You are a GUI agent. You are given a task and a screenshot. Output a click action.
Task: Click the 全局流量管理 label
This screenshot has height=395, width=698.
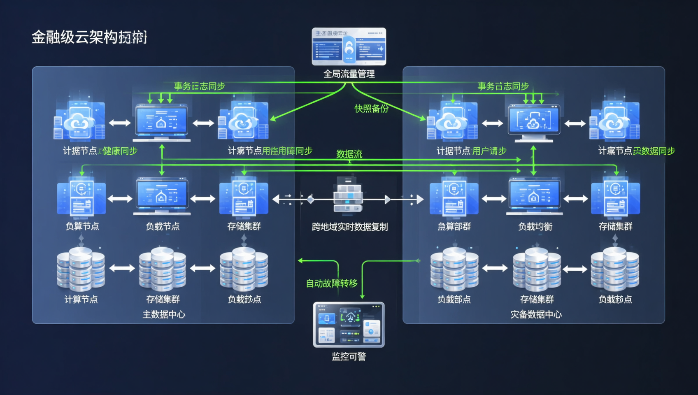click(x=349, y=74)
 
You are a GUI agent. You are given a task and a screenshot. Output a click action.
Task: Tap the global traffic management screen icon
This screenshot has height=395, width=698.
click(x=349, y=46)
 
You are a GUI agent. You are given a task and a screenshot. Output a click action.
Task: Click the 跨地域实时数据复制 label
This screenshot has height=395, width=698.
click(x=349, y=227)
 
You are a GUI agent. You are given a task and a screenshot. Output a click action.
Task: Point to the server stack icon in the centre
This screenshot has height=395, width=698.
click(x=348, y=195)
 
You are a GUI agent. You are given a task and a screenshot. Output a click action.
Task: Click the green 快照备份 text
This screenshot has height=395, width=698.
click(x=372, y=109)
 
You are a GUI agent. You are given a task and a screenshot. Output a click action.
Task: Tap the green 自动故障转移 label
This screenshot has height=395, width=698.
click(x=332, y=283)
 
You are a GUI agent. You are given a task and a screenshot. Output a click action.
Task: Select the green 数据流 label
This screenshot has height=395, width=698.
click(x=349, y=154)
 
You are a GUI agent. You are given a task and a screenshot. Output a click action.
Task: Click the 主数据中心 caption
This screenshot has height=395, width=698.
click(x=164, y=314)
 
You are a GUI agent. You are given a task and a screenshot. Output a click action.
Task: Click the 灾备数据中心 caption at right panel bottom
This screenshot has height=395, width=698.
click(x=536, y=314)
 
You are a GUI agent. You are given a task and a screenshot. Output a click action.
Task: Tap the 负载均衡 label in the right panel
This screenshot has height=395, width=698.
click(x=535, y=226)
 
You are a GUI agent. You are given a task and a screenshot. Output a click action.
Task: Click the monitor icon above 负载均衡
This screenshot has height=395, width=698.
click(x=534, y=196)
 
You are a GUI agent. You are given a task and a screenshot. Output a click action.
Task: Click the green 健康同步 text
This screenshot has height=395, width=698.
click(x=119, y=151)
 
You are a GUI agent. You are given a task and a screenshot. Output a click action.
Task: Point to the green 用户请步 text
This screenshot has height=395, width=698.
click(x=489, y=151)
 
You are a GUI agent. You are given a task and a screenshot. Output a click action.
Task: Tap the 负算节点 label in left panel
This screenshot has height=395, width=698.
click(x=82, y=226)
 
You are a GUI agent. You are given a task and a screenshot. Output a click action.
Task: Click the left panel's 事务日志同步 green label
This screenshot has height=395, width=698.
click(x=200, y=86)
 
